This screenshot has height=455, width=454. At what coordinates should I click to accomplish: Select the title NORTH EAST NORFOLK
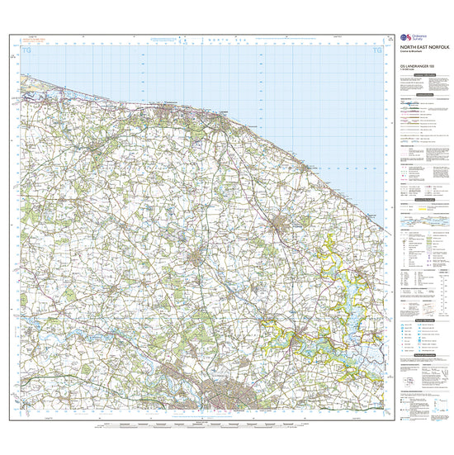(417, 49)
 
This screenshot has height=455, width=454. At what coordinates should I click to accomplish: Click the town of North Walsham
(285, 224)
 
